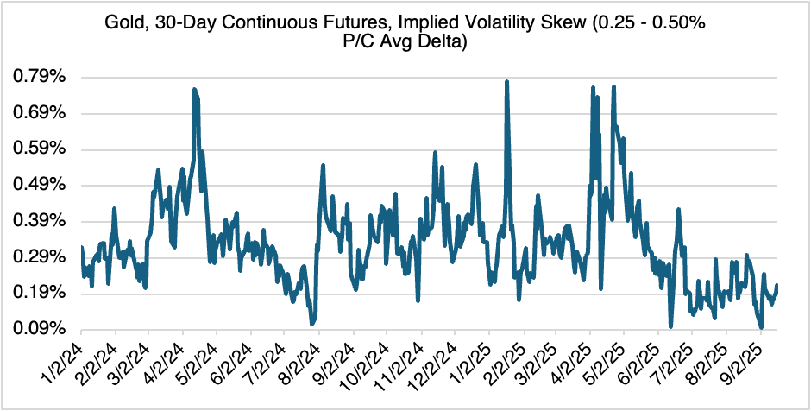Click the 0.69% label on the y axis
pyautogui.click(x=39, y=114)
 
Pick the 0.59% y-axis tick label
pyautogui.click(x=39, y=149)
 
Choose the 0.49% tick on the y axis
pyautogui.click(x=39, y=186)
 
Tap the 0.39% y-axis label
pyautogui.click(x=39, y=221)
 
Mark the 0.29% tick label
pyautogui.click(x=39, y=257)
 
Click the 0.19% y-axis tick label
pyautogui.click(x=39, y=294)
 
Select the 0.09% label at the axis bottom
pyautogui.click(x=39, y=329)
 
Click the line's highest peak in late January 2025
pyautogui.click(x=506, y=81)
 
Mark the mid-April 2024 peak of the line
pyautogui.click(x=194, y=89)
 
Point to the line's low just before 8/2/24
pyautogui.click(x=311, y=324)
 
